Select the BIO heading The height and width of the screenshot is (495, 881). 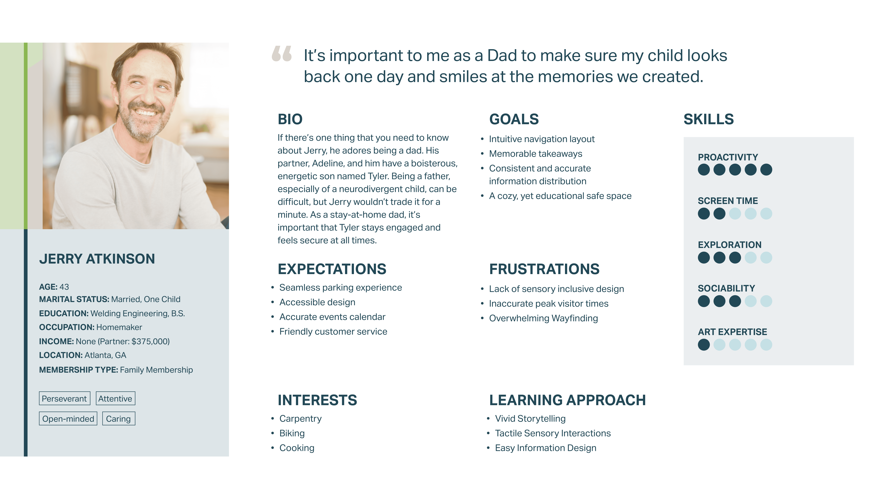(290, 119)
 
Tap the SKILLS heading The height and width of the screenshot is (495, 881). (709, 119)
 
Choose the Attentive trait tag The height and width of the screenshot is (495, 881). (115, 398)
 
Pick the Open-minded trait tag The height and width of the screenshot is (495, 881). (68, 418)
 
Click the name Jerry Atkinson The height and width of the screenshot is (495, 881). (97, 259)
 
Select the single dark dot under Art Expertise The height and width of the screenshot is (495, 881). (704, 345)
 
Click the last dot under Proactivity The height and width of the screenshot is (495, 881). (766, 169)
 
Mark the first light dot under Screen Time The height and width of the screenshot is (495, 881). (735, 213)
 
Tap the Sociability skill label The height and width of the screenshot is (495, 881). (726, 288)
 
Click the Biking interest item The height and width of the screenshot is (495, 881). (292, 433)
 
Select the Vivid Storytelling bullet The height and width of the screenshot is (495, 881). (530, 418)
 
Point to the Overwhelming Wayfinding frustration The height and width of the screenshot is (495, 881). (543, 318)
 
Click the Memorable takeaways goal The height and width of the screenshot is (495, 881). (536, 154)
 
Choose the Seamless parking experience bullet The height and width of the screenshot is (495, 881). (341, 288)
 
